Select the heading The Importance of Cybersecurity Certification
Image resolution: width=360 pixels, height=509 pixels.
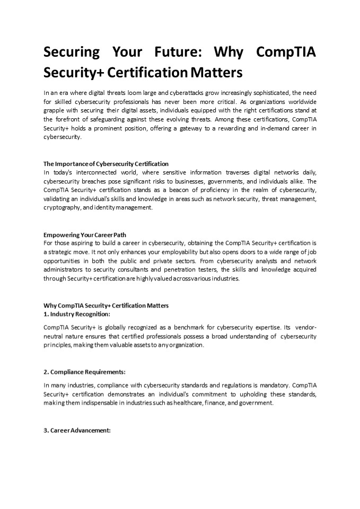point(106,164)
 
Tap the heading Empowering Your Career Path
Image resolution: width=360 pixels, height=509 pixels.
point(84,234)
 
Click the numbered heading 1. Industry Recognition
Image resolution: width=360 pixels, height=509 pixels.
point(77,314)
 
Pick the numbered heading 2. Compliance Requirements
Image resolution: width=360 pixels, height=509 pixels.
point(84,372)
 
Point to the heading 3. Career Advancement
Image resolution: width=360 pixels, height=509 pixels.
point(77,430)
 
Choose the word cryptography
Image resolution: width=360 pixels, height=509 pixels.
point(60,208)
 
